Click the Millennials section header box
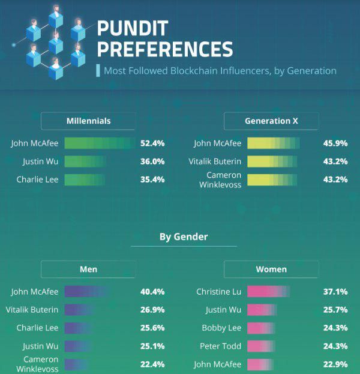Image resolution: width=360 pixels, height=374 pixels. click(88, 121)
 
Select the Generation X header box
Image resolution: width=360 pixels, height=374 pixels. click(271, 121)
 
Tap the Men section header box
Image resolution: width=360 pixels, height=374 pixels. click(88, 270)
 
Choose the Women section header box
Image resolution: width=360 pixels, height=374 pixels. click(271, 270)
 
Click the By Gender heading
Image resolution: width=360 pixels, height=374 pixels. click(184, 237)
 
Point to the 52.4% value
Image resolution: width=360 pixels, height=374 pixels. click(152, 143)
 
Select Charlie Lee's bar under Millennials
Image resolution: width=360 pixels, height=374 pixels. click(85, 179)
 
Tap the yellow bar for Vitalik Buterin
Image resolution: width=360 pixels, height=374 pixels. click(272, 161)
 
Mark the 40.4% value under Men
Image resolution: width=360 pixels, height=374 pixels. click(152, 292)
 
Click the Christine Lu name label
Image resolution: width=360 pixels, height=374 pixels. click(219, 292)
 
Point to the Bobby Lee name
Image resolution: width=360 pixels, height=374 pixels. click(221, 328)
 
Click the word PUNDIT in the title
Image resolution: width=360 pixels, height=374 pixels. click(133, 28)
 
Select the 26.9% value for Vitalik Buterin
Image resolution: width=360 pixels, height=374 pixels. click(152, 310)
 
